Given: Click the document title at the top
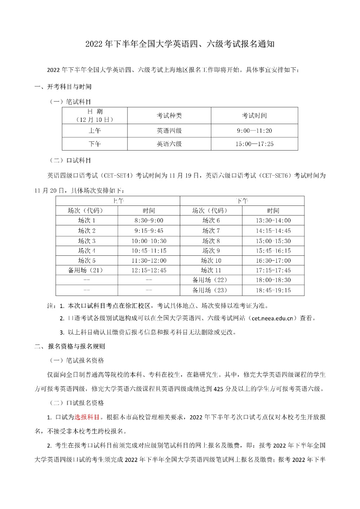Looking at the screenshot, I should tap(180, 44).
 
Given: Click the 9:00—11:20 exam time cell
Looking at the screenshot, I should tap(254, 131).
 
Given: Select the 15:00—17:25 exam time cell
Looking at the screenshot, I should tap(254, 144).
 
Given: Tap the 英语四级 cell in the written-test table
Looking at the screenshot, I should tap(169, 131).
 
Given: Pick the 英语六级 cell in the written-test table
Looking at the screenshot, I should tap(169, 144).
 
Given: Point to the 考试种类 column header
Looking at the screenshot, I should tap(169, 115).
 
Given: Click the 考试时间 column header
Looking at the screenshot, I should tap(254, 115).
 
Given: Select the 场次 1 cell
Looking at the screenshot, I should tap(87, 220).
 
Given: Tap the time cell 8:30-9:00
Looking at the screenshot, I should tap(149, 220).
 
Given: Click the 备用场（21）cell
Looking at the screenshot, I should tap(87, 270).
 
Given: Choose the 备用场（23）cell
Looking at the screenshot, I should tap(211, 290).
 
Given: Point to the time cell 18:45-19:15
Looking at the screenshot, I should tap(273, 290).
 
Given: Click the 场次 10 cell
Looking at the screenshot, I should tap(211, 261).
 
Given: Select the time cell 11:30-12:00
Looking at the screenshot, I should tap(149, 261).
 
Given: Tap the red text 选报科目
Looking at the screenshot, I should tap(87, 417).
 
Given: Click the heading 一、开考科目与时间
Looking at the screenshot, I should tap(63, 87).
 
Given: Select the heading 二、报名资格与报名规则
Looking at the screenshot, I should tap(70, 346).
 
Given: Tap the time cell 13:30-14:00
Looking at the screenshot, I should tap(273, 220).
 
